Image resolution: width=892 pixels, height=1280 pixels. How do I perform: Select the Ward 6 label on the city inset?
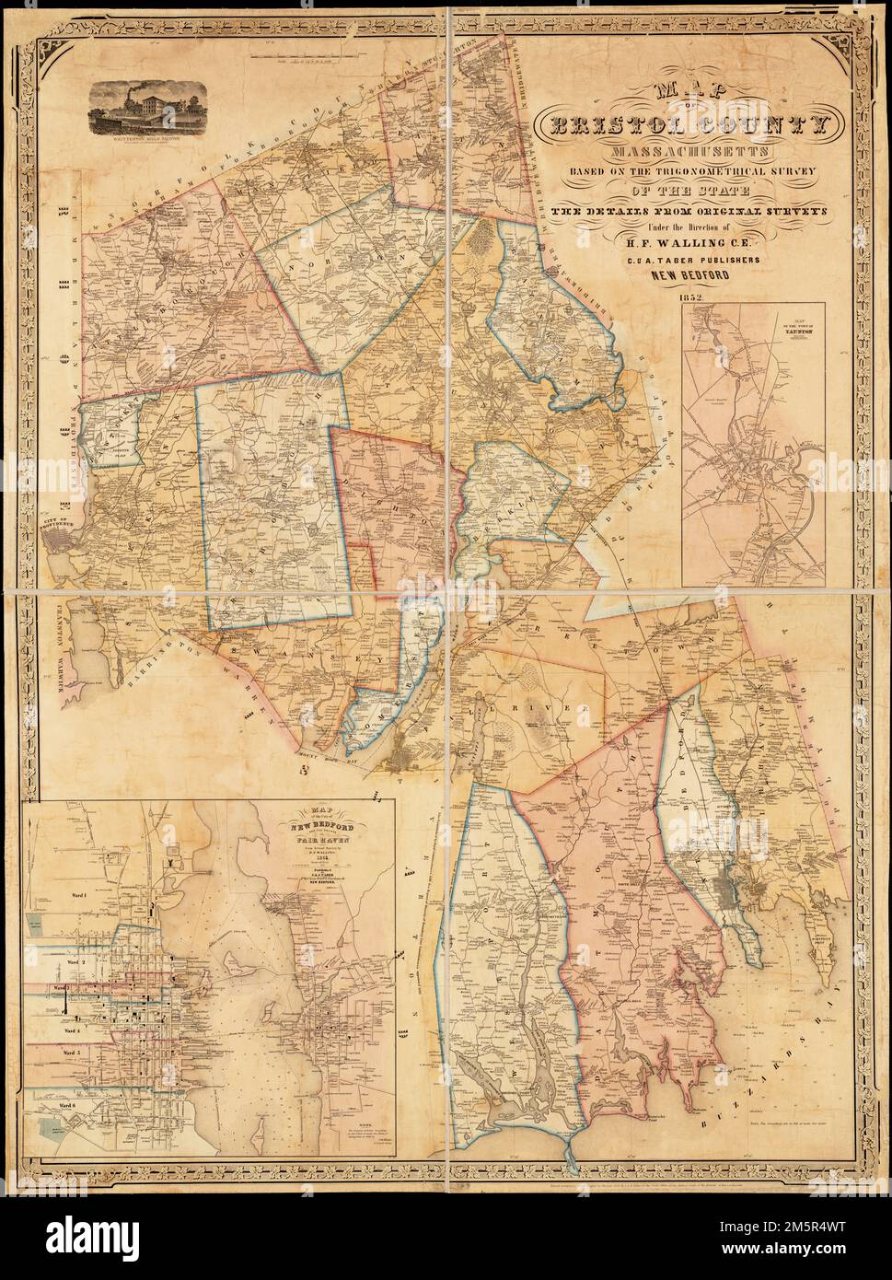pos(65,1099)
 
